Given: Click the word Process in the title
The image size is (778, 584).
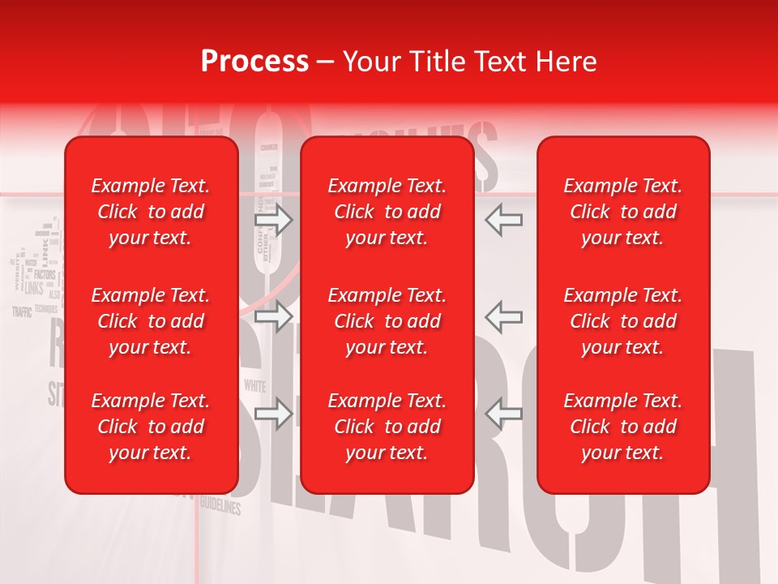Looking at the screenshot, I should (254, 62).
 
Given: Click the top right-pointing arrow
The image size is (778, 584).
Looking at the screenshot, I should (274, 220).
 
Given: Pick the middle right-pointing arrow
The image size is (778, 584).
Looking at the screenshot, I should (274, 316).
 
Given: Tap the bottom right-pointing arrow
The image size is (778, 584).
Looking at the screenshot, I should (274, 414).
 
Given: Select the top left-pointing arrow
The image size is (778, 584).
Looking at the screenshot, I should (504, 220).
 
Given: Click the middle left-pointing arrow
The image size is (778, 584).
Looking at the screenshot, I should (504, 316).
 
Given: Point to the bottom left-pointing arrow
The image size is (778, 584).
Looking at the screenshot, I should (504, 414).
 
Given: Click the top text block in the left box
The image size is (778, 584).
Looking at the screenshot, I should (151, 212).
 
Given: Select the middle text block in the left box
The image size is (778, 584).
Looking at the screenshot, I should (151, 321).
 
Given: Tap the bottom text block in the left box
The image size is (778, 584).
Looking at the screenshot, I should (151, 427).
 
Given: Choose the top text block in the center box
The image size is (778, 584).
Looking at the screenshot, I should (387, 212).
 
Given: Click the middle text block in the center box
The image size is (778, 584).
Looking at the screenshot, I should (387, 321).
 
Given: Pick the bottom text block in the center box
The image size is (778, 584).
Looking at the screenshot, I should (387, 427).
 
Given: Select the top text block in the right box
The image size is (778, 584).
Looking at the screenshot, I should (622, 212).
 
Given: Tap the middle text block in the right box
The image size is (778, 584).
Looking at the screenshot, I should (622, 321).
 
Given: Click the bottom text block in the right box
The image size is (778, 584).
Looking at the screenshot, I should (622, 427).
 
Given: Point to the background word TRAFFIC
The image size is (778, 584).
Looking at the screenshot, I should (22, 311).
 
